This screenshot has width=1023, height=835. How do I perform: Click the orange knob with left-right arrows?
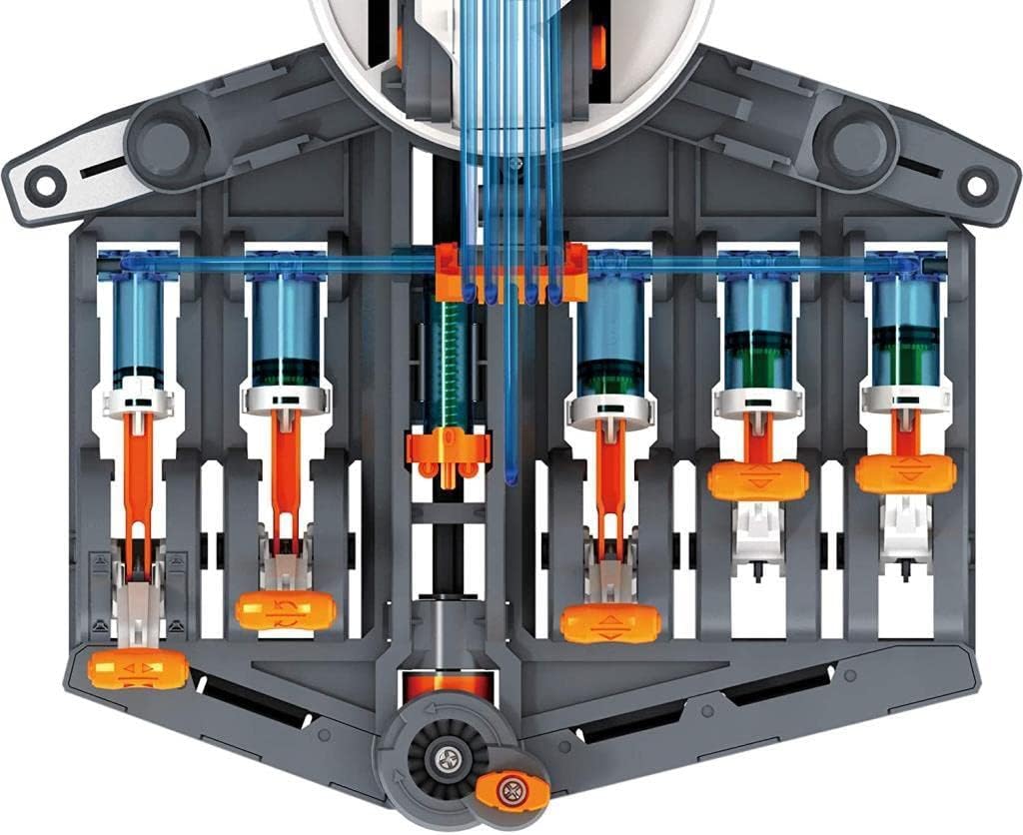pyautogui.click(x=137, y=668)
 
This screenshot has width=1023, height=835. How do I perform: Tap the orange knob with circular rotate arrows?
pyautogui.click(x=286, y=610)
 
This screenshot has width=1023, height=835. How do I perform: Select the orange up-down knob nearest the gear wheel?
pyautogui.click(x=610, y=623)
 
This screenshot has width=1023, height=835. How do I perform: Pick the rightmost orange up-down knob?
pyautogui.click(x=906, y=472)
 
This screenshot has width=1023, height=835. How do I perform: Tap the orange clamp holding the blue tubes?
pyautogui.click(x=511, y=271)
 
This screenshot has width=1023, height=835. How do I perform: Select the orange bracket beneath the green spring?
pyautogui.click(x=449, y=446)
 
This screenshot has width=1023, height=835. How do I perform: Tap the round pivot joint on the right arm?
pyautogui.click(x=854, y=147)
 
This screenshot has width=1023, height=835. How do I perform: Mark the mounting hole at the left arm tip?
pyautogui.click(x=43, y=185)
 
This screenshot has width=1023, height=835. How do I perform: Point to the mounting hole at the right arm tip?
pyautogui.click(x=977, y=185)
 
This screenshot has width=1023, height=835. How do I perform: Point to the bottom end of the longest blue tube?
pyautogui.click(x=511, y=476)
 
